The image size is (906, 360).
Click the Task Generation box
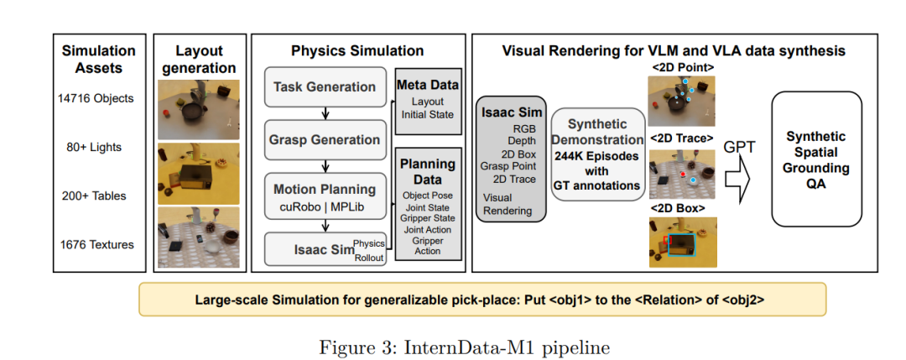click(x=324, y=87)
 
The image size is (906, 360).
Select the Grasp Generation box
click(x=324, y=140)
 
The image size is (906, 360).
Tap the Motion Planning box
click(x=324, y=196)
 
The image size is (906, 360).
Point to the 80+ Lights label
click(x=94, y=147)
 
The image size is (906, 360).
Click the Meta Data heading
click(x=428, y=85)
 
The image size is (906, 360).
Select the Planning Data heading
click(x=428, y=172)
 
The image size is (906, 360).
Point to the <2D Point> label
click(x=681, y=67)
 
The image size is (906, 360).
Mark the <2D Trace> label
click(x=681, y=138)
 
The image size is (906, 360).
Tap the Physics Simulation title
click(x=357, y=51)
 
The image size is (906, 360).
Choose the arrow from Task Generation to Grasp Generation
click(x=324, y=113)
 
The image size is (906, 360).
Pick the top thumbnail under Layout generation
click(x=198, y=108)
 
